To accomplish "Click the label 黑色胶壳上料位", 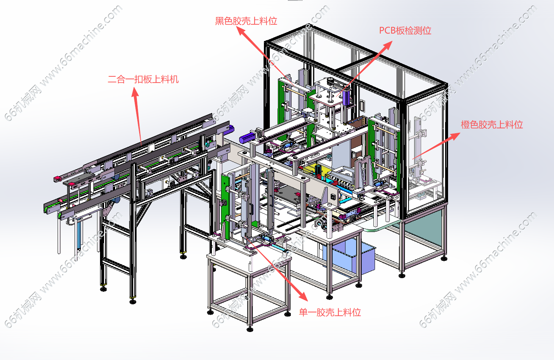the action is click(x=246, y=21).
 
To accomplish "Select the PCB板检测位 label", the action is click(x=405, y=31).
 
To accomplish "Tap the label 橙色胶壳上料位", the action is click(x=492, y=125).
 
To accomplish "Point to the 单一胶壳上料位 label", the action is click(x=330, y=312).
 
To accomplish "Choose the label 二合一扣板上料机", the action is click(x=143, y=79).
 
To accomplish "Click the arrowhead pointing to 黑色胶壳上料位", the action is click(x=240, y=31).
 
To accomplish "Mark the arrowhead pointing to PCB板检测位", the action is click(x=388, y=45).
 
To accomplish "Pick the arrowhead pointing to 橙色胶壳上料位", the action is click(x=455, y=136).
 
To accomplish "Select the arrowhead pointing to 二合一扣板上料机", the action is click(x=135, y=92).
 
